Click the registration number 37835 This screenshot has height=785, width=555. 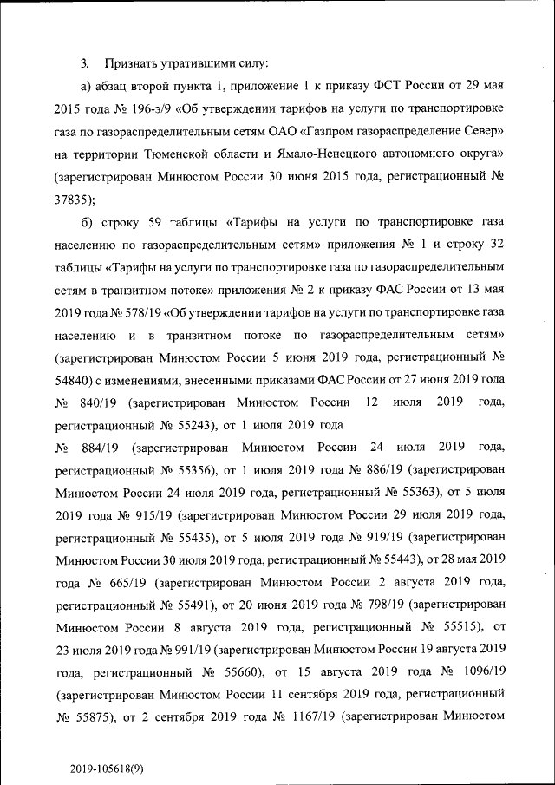tap(72, 199)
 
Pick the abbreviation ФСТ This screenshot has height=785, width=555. tap(390, 87)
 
